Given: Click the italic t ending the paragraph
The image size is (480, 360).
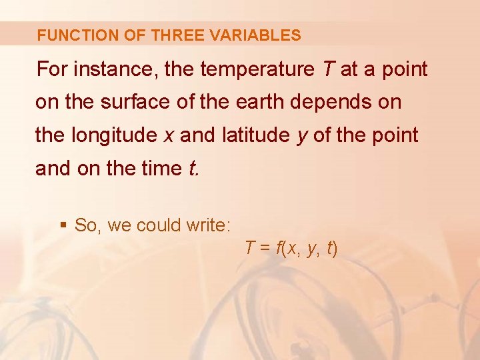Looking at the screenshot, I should [x=193, y=169].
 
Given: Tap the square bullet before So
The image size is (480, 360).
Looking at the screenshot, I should [x=63, y=226].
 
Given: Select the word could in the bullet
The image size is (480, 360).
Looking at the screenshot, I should [x=157, y=226].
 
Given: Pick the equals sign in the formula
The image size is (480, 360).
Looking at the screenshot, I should [x=264, y=249].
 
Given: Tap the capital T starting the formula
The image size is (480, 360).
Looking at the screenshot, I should [x=249, y=249].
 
